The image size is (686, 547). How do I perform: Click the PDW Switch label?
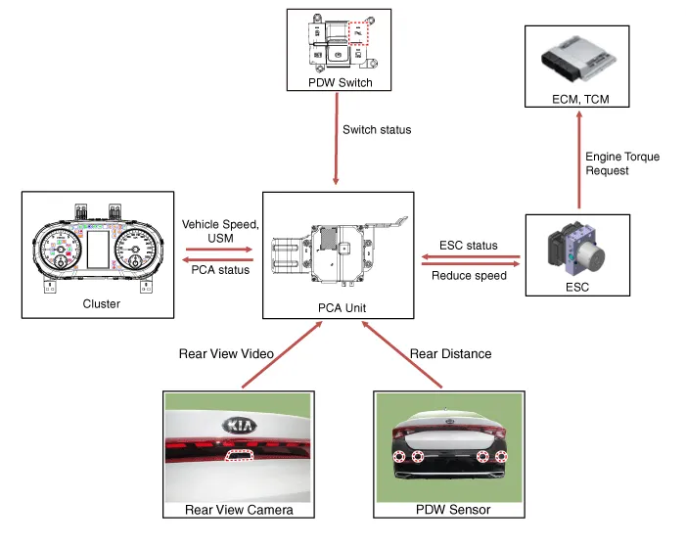pos(341,83)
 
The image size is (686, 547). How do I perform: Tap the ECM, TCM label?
pos(577,100)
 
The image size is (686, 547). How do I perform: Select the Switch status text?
pos(377,129)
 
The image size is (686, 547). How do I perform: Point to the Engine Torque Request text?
pos(622,163)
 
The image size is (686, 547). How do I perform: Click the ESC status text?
pos(469,246)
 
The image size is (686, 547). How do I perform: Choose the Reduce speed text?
pos(469,275)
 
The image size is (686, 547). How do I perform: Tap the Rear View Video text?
pos(227,353)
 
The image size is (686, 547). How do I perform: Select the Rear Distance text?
pos(450,353)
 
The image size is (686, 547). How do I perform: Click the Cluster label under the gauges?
pos(102,304)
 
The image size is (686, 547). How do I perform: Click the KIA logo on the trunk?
pos(239,427)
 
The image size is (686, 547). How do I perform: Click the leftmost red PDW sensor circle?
pos(400,458)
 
